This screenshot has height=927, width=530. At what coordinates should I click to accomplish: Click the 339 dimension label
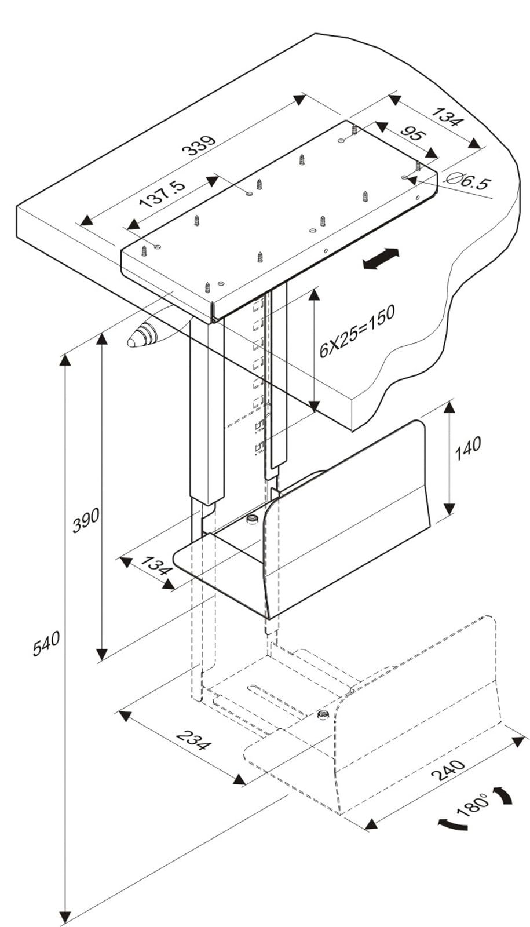pyautogui.click(x=199, y=145)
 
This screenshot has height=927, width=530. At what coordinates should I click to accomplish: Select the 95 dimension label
pyautogui.click(x=412, y=138)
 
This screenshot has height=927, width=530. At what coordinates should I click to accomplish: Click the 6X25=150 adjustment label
pyautogui.click(x=357, y=329)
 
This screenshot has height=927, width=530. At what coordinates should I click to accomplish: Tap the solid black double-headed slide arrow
pyautogui.click(x=381, y=258)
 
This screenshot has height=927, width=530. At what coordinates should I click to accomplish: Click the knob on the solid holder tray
pyautogui.click(x=253, y=519)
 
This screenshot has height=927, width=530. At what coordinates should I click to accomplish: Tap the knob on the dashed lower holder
pyautogui.click(x=323, y=715)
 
